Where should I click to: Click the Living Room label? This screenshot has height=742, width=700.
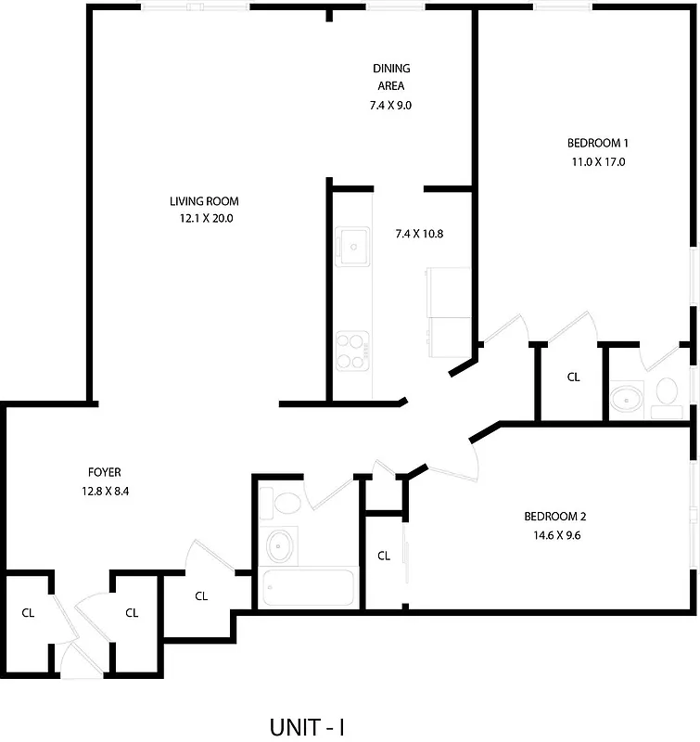coord(204,201)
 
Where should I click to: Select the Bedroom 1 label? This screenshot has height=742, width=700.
coord(598,143)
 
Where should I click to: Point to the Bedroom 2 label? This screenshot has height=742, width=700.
coord(554,517)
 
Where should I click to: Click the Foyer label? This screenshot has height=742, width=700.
coord(105,472)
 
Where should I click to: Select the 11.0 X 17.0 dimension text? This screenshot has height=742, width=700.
coord(598,161)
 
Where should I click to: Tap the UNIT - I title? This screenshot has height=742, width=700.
coord(307,725)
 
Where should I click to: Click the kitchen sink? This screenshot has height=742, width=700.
coord(353,245)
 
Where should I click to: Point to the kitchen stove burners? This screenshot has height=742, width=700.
coord(352,350)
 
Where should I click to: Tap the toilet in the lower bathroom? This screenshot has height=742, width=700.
coord(283,505)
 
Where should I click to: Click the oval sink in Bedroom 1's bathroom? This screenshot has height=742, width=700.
coord(626,400)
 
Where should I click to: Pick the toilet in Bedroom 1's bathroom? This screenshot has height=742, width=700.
coord(665,394)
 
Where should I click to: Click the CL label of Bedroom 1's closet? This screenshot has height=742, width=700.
coord(573,377)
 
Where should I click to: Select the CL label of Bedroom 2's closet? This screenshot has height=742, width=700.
coord(384,556)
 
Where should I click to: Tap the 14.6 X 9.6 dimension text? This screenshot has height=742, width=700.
coord(554,535)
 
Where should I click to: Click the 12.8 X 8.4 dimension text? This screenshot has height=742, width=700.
coord(105,492)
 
